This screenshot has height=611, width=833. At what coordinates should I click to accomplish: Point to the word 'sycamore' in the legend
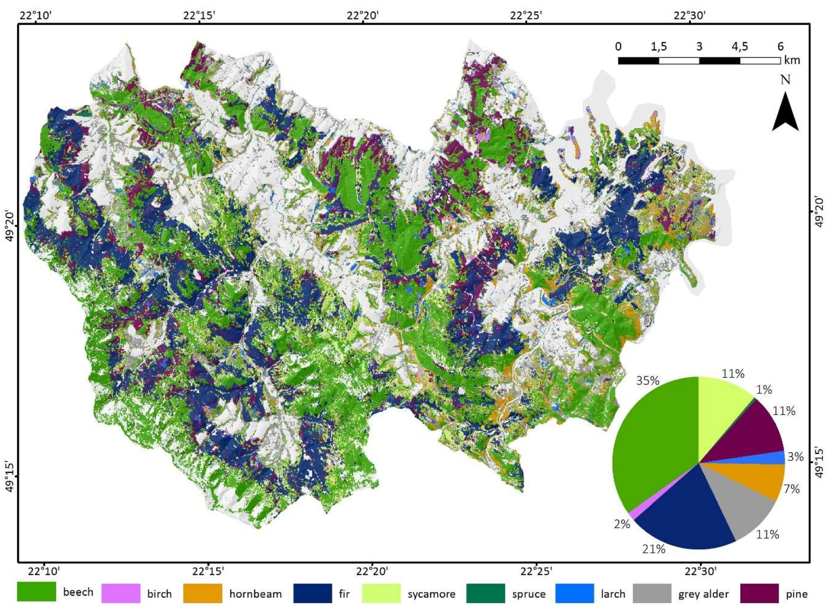click(432, 594)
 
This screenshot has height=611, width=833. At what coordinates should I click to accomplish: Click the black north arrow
click(785, 113)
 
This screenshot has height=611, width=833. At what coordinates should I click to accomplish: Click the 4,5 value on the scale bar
click(739, 47)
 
